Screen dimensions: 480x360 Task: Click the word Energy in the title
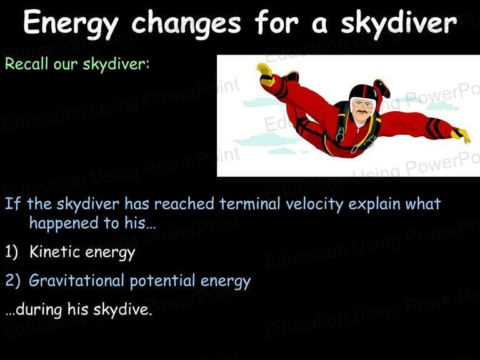click(x=71, y=23)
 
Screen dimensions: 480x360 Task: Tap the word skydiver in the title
click(x=399, y=23)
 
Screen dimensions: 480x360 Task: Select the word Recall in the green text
click(x=27, y=64)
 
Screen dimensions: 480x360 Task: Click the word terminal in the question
click(x=250, y=204)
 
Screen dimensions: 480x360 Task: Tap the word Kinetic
click(x=55, y=252)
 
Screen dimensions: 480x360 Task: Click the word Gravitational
click(x=76, y=280)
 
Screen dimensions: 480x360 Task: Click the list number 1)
click(x=12, y=252)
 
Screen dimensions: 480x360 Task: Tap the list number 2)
click(x=12, y=281)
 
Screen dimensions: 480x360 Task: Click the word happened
click(x=63, y=223)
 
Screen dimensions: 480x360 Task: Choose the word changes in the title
click(x=186, y=23)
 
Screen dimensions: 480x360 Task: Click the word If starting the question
click(x=13, y=204)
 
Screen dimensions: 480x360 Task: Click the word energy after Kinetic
click(x=110, y=252)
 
